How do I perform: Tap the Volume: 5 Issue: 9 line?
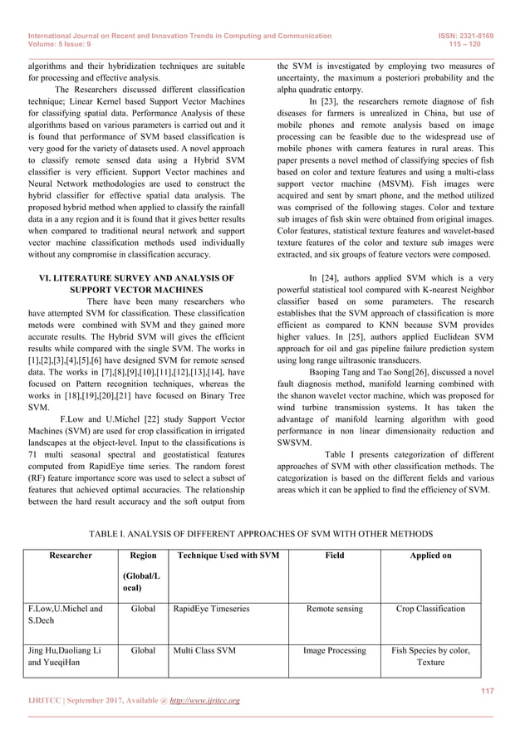(62, 47)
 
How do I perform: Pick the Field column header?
(334, 555)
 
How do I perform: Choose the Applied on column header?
(430, 555)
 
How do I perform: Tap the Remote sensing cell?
(334, 609)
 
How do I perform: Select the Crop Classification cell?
(430, 609)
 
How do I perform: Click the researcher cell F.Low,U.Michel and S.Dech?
(66, 615)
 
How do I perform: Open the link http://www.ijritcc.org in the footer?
(204, 702)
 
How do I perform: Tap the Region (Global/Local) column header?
(138, 570)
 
